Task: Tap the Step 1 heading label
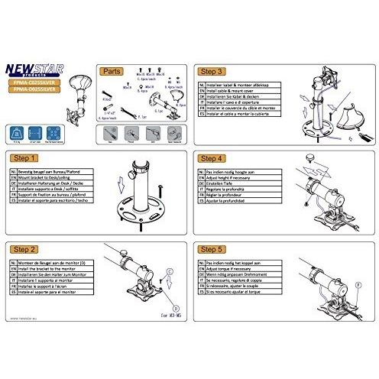point(24,159)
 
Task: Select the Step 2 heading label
point(24,250)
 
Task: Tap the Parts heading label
point(112,70)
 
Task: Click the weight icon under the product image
point(16,132)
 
